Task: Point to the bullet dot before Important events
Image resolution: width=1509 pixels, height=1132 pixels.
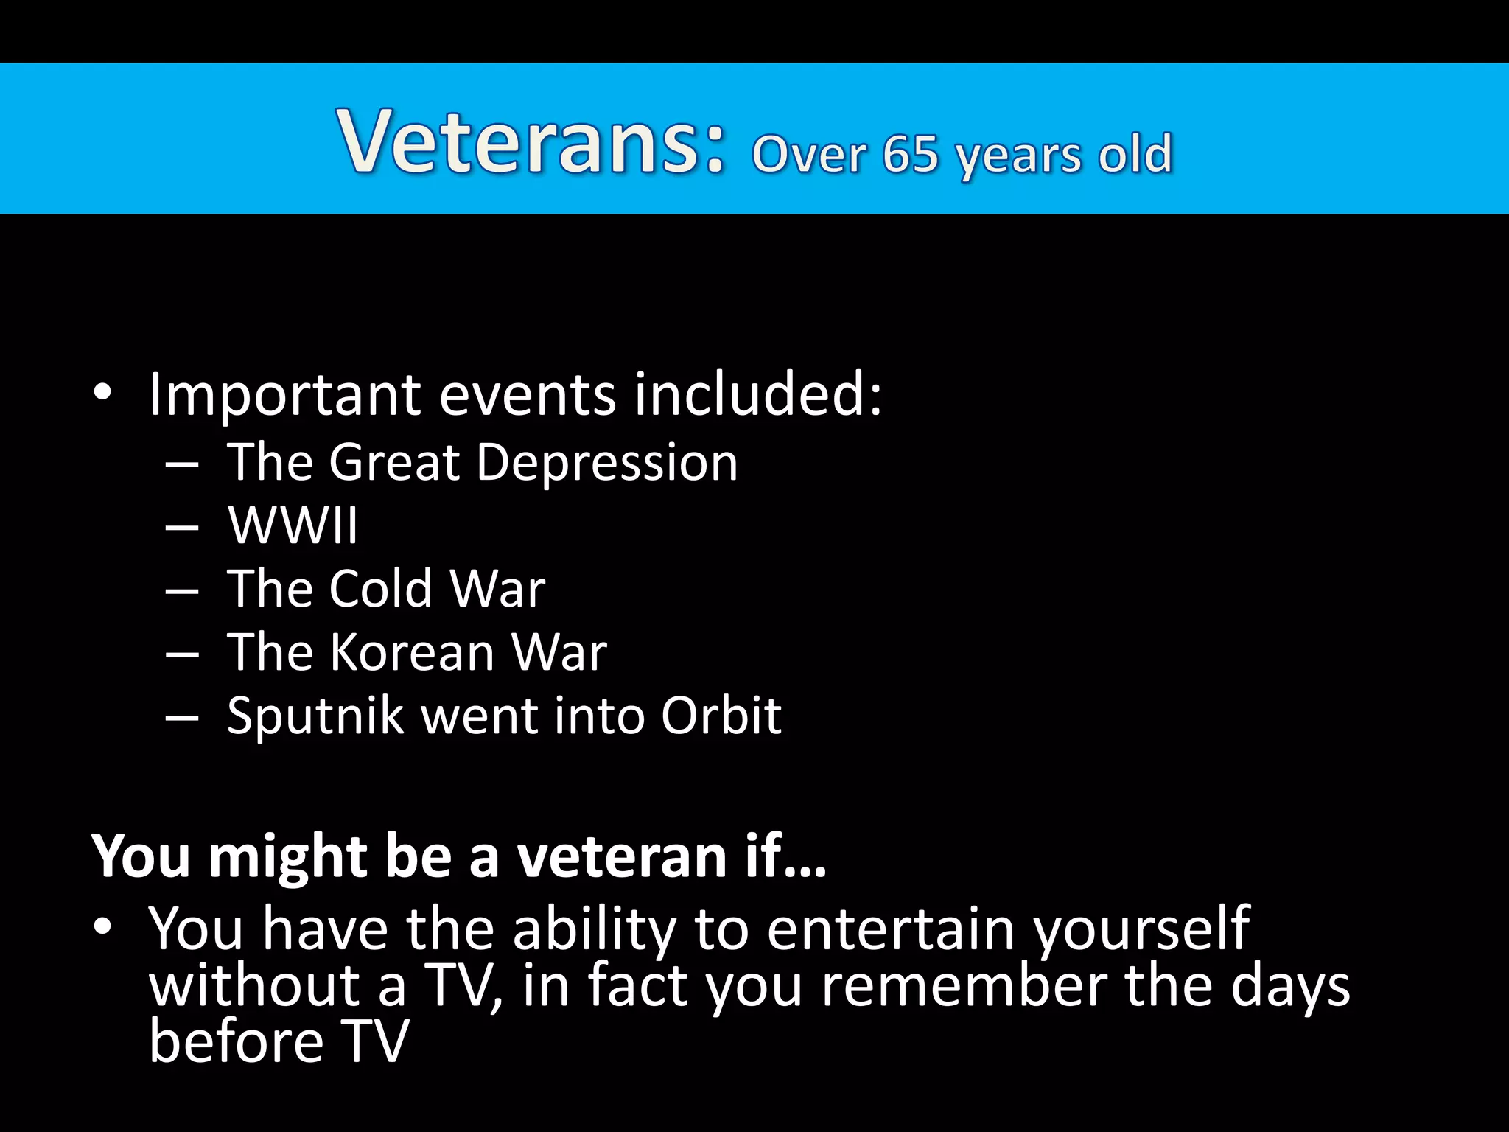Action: (102, 393)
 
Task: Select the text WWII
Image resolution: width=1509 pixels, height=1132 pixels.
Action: (293, 526)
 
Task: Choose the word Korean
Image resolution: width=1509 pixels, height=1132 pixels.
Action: (412, 653)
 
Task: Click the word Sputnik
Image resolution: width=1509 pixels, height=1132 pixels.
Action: (315, 716)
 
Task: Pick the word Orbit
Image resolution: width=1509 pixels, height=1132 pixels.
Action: (721, 716)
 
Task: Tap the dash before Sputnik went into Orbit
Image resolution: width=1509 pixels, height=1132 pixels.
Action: (182, 719)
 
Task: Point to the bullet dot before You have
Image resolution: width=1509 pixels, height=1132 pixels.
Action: (102, 926)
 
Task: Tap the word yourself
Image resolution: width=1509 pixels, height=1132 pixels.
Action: (1141, 931)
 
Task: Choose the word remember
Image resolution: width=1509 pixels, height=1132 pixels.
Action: (964, 986)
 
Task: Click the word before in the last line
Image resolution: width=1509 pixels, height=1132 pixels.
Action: (236, 1041)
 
